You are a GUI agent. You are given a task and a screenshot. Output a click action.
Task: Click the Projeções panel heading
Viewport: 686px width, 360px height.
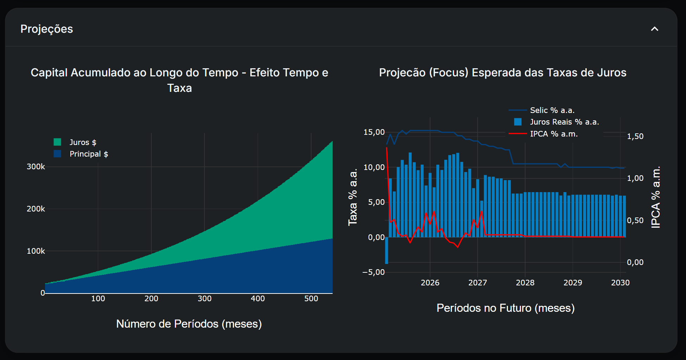coord(46,29)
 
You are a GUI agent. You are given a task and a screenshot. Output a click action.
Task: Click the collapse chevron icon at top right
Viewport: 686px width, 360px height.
coord(654,29)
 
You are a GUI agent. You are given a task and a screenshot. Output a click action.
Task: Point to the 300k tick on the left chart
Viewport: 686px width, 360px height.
coord(36,167)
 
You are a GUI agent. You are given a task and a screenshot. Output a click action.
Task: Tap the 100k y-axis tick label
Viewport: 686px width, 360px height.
coord(36,251)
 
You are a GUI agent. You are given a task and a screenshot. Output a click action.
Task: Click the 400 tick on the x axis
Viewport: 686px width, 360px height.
coord(258,299)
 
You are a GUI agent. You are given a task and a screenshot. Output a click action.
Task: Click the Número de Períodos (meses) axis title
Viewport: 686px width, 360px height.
coord(189,324)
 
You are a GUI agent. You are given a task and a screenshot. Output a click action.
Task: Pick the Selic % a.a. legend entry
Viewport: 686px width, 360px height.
coord(552,110)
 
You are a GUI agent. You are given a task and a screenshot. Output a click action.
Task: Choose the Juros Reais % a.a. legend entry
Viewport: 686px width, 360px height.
coord(564,122)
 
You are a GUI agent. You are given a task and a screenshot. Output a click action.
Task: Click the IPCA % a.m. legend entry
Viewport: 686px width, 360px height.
coord(553,134)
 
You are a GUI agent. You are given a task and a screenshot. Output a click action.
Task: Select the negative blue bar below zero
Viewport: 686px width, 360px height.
coord(386,250)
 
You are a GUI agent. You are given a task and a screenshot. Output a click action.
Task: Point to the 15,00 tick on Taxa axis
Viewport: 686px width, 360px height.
coord(374,132)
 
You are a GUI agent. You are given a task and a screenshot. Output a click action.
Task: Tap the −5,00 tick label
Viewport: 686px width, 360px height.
coord(373,272)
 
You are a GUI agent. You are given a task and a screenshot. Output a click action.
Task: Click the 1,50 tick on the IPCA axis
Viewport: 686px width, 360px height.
coord(635,137)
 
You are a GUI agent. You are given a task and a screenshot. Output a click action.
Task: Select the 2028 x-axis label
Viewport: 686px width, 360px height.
coord(525,283)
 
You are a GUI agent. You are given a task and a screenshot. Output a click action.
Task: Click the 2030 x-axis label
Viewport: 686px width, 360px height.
coord(620,283)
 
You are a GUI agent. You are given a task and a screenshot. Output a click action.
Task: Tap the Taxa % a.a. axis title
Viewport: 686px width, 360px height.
coord(353,197)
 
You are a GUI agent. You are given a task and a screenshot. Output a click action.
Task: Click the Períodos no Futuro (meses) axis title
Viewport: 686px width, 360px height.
coord(505,308)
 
